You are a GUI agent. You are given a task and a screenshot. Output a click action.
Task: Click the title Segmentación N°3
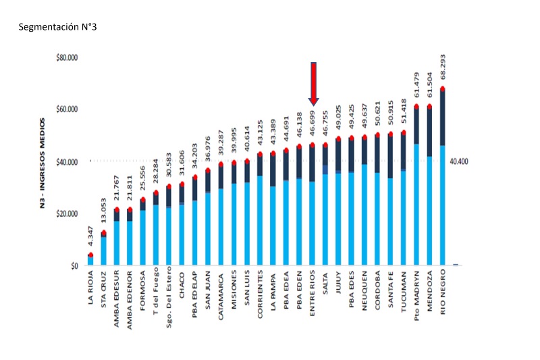coord(59,28)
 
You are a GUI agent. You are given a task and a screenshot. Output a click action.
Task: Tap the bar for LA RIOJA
coord(90,260)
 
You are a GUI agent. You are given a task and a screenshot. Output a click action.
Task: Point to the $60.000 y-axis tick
coord(67,109)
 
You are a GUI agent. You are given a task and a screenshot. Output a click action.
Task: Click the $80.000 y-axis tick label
coord(67,58)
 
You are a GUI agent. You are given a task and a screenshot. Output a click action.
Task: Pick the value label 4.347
coord(90,240)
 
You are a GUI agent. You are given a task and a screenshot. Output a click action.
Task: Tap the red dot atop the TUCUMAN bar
coord(404,133)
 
